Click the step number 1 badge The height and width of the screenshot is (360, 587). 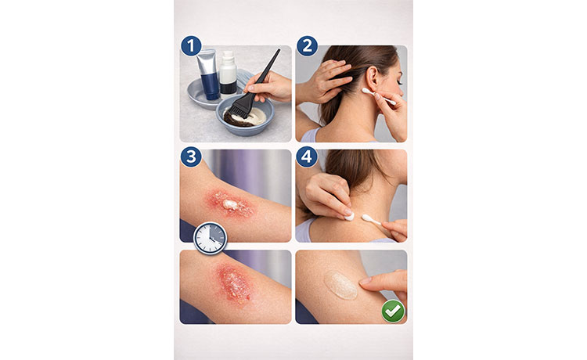pos(191,46)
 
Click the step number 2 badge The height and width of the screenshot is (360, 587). pos(307,46)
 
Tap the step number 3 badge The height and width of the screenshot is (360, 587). pos(191,157)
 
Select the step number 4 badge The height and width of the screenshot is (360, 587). pos(307,157)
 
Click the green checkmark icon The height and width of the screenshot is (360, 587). pos(393,311)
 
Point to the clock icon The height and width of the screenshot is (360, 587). pos(210,239)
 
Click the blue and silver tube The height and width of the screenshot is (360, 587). pos(208,74)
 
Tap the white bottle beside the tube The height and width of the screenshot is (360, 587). pos(228,73)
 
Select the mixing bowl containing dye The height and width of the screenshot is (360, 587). pos(245,116)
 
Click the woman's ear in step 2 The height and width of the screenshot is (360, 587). pos(373,79)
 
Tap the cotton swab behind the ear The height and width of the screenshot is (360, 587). pos(379,95)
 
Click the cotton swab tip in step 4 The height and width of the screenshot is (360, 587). pos(366,218)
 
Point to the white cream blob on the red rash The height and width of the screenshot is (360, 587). pos(231,204)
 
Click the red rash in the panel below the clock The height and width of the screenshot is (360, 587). pos(234,283)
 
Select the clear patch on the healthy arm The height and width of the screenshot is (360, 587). pos(340,285)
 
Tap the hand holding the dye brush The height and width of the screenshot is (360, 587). pos(268,86)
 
